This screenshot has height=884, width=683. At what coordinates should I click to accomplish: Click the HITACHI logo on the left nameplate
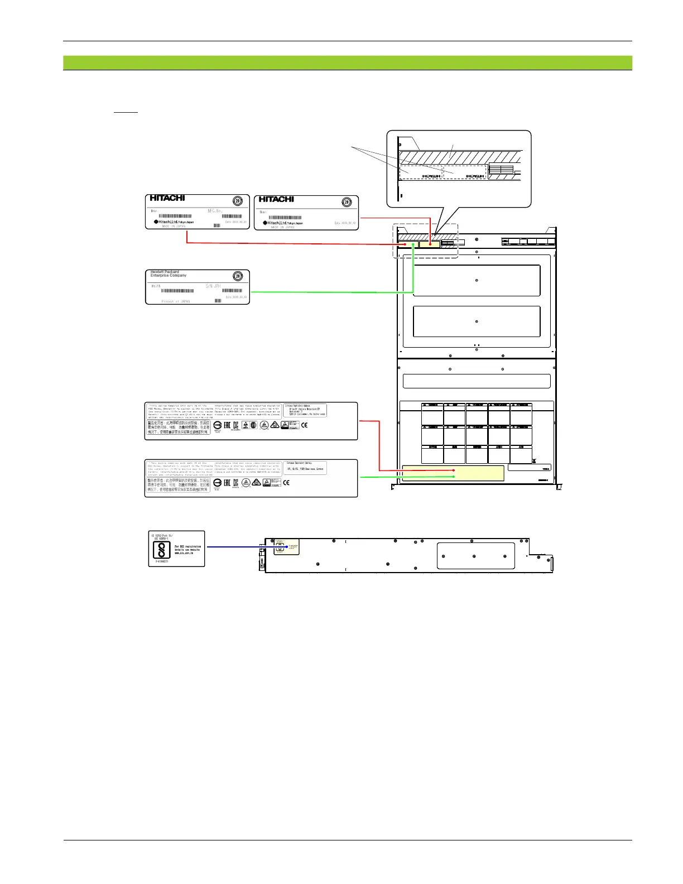point(167,198)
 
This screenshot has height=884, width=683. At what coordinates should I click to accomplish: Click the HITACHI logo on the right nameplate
point(276,199)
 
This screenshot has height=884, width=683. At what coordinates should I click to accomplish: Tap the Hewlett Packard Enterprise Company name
point(169,274)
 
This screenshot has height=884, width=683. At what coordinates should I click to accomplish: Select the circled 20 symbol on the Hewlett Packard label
point(237,276)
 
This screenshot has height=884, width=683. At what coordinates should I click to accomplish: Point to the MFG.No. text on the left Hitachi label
point(215,211)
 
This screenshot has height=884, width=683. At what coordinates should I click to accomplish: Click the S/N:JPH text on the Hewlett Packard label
point(213,286)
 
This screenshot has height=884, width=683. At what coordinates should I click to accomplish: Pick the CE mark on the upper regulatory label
point(304,425)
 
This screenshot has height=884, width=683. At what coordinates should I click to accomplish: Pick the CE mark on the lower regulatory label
point(286,483)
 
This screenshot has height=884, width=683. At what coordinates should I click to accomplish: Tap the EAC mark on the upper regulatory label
point(227,425)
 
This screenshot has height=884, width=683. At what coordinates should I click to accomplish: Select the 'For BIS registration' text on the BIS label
point(187,546)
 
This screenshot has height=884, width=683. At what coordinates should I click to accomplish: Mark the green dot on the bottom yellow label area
point(454,477)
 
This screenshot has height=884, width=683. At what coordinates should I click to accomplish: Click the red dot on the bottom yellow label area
point(454,470)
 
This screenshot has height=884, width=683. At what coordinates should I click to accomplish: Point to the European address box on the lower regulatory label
point(305,468)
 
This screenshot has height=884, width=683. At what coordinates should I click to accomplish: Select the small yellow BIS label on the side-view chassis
point(286,547)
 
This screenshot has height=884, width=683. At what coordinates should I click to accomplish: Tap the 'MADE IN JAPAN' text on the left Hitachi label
point(174,226)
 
